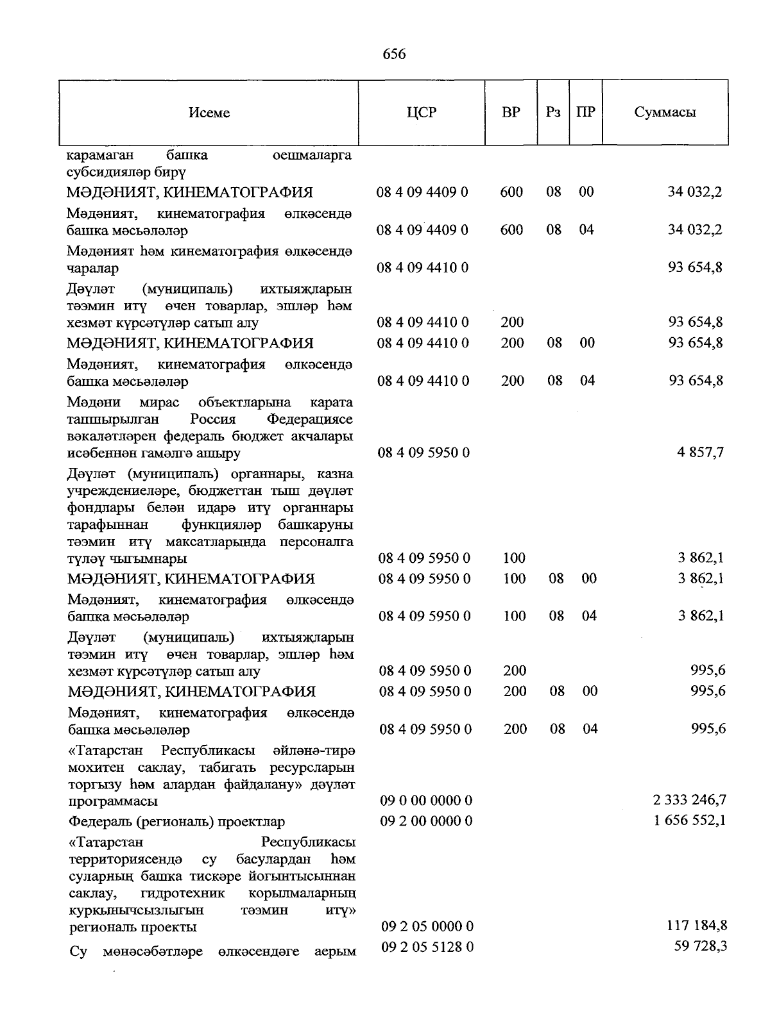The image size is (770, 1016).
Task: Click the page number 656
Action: pyautogui.click(x=394, y=54)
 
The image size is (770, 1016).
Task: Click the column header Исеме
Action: pyautogui.click(x=209, y=113)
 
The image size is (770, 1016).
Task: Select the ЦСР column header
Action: pyautogui.click(x=422, y=113)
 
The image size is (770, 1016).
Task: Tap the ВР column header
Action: pyautogui.click(x=511, y=113)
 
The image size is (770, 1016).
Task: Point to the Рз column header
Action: pyautogui.click(x=553, y=113)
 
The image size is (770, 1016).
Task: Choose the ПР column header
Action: pyautogui.click(x=585, y=113)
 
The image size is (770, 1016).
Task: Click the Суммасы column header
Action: pyautogui.click(x=665, y=113)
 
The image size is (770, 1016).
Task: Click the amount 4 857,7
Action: pyautogui.click(x=700, y=452)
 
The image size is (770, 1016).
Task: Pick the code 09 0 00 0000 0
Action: pyautogui.click(x=427, y=800)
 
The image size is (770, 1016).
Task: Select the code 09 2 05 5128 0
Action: pyautogui.click(x=427, y=947)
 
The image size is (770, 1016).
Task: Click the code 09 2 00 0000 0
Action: pyautogui.click(x=427, y=820)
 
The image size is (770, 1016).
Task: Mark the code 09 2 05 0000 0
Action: pyautogui.click(x=427, y=926)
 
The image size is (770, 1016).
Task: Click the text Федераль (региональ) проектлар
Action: pyautogui.click(x=177, y=821)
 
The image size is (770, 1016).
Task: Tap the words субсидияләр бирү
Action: pyautogui.click(x=126, y=172)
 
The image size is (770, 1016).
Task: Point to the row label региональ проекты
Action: pyautogui.click(x=133, y=927)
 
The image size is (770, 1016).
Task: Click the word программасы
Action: pyautogui.click(x=113, y=801)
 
